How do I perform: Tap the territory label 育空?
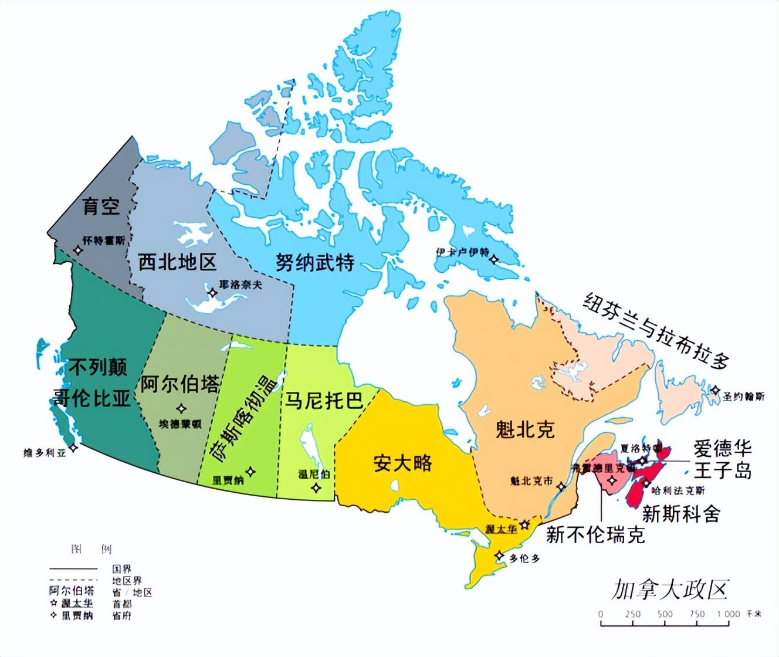click(101, 205)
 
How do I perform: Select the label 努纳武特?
click(315, 262)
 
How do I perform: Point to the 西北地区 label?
click(177, 262)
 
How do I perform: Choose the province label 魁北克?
click(524, 429)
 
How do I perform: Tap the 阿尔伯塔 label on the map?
click(179, 384)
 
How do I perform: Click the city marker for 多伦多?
click(499, 556)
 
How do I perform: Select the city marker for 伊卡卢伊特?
click(494, 259)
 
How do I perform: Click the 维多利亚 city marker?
click(73, 447)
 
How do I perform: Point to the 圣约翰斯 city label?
click(743, 397)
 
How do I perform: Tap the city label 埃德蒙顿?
click(180, 424)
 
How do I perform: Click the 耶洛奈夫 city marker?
click(212, 292)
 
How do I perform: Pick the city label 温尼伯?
click(314, 474)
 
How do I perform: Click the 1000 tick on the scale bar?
click(728, 614)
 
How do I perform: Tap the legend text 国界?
click(122, 568)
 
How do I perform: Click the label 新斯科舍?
click(680, 513)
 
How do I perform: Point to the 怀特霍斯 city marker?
click(77, 250)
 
